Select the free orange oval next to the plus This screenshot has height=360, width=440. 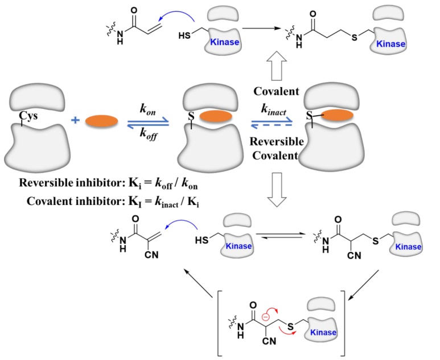pyautogui.click(x=102, y=121)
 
